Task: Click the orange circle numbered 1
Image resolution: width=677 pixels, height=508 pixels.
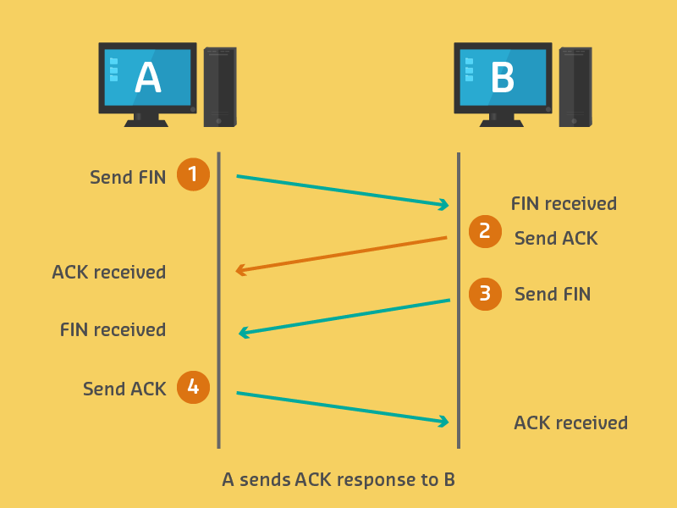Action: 193,174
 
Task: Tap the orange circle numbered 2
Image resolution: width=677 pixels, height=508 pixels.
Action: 484,231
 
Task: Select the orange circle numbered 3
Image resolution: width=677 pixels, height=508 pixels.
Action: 484,294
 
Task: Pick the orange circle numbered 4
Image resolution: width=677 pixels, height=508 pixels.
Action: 193,387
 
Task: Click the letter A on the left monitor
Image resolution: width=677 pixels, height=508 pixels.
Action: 148,78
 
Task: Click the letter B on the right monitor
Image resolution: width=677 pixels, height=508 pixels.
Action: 503,78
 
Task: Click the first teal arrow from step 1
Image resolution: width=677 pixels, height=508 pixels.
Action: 342,190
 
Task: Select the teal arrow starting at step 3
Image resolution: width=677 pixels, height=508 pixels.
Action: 344,317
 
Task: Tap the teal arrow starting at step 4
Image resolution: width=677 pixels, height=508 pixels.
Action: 342,407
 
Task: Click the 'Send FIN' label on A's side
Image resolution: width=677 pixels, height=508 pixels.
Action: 128,177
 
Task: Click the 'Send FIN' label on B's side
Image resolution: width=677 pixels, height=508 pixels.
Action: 553,295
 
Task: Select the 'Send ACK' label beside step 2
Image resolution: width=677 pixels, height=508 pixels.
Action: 556,239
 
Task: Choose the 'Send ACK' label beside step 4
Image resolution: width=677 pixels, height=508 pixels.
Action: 124,389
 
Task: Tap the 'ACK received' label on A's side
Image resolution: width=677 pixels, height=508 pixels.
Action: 108,273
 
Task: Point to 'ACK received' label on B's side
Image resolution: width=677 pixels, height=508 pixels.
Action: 570,423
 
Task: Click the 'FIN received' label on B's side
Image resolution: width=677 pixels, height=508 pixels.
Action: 564,204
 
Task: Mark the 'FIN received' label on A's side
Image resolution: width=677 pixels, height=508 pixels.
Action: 113,330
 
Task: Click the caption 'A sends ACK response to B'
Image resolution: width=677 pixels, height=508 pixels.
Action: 338,480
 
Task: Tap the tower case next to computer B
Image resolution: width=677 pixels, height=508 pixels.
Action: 575,86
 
